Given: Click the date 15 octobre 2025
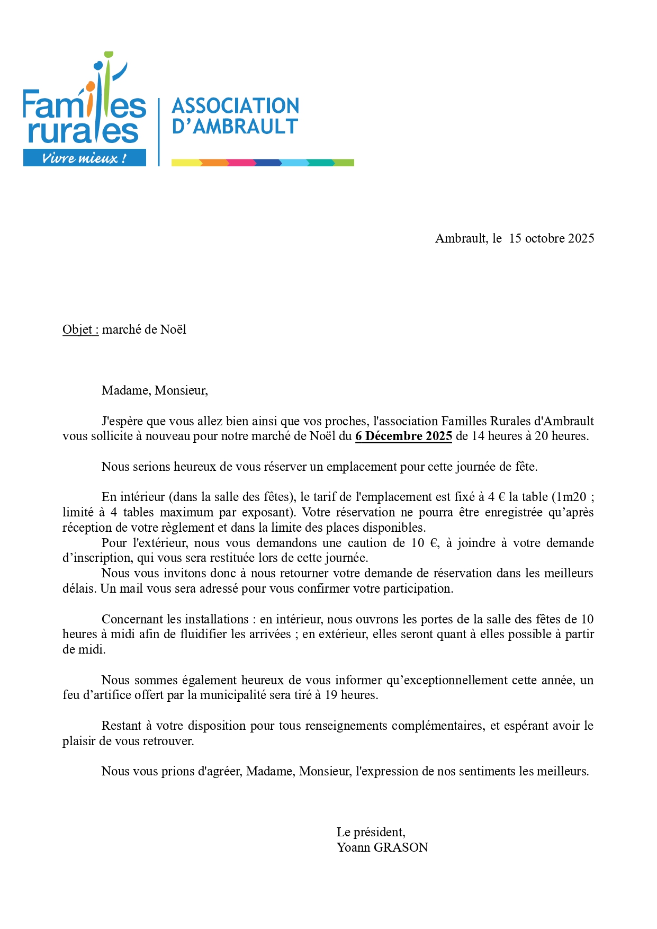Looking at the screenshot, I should coord(551,238).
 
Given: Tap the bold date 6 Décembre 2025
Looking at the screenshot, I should coord(403,436).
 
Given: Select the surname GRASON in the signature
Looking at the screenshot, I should coord(401,847).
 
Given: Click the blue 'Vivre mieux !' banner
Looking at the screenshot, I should coord(85,158).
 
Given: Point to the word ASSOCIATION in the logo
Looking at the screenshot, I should coord(236,105).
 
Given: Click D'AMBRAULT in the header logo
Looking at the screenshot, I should coord(235,127).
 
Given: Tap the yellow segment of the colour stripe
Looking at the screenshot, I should coord(186,163).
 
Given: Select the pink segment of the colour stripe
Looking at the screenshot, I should coord(241,163).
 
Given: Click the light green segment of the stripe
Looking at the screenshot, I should coord(345,163).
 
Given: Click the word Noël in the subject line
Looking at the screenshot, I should coord(173,329).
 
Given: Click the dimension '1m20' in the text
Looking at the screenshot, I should coord(571,497).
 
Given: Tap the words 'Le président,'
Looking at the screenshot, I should coord(371,832).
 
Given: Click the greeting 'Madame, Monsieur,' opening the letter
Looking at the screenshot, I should coord(155,390).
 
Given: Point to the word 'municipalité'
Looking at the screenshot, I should coord(233,695).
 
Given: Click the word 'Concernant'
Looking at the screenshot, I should coord(130,619).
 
